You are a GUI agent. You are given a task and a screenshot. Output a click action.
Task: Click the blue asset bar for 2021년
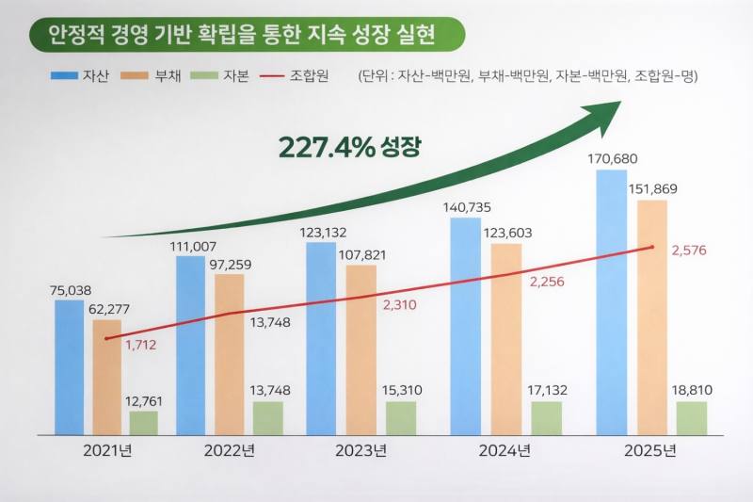click(x=69, y=367)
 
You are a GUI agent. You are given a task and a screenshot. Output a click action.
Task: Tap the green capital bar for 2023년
click(x=400, y=418)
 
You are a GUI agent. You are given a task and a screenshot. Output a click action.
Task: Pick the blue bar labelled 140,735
click(x=465, y=326)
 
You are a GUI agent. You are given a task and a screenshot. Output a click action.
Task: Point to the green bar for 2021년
click(x=143, y=423)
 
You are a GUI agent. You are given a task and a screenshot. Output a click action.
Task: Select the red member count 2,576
click(x=688, y=251)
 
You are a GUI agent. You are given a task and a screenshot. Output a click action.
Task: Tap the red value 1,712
click(x=140, y=345)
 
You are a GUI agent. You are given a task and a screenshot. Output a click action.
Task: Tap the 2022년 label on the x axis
click(x=230, y=450)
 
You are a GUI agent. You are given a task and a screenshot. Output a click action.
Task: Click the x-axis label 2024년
click(x=505, y=450)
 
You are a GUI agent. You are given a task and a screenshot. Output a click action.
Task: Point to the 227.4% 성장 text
click(x=349, y=147)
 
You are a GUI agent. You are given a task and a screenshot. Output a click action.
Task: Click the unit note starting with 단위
click(x=528, y=75)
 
